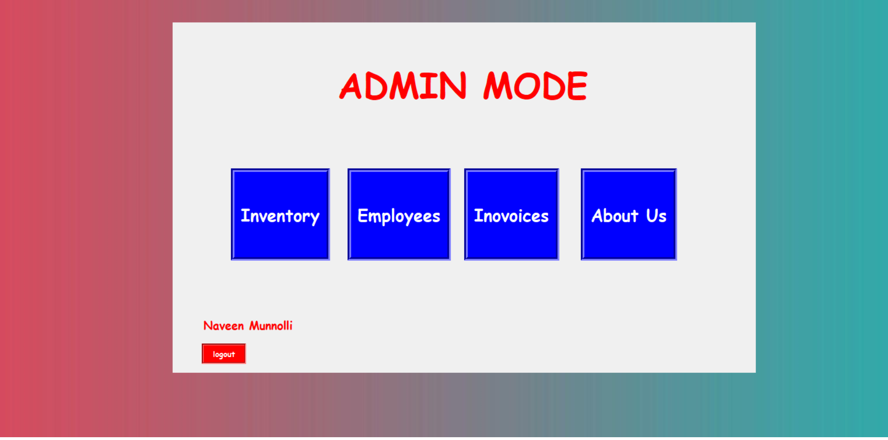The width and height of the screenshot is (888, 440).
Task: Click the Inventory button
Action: pos(280,214)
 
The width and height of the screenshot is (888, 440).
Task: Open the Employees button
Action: pos(399,214)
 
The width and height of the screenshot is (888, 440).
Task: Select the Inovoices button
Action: pos(511,214)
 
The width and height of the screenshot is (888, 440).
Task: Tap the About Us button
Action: pos(629,214)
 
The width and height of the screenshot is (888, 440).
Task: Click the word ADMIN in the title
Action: pos(403,86)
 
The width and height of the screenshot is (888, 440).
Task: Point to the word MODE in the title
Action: pos(536,86)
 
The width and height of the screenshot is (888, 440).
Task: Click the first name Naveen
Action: pos(224,326)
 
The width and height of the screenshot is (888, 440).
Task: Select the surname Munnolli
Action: pos(271,326)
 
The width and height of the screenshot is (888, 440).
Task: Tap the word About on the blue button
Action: pos(615,216)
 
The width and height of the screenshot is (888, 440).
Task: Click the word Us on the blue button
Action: pos(656,216)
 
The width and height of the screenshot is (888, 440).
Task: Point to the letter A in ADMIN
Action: pos(351,86)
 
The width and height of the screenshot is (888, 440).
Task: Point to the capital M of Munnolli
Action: pos(255,326)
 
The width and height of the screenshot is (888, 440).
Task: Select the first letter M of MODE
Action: pos(498,86)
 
